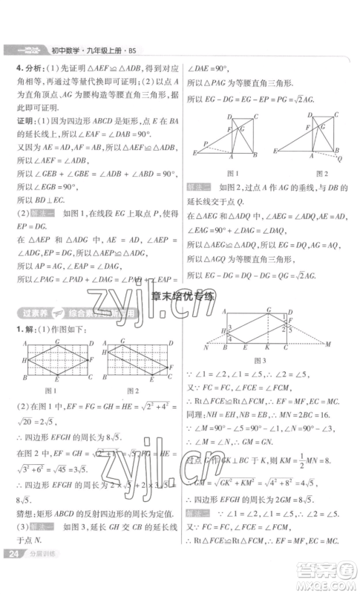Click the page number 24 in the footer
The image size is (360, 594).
point(13,575)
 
